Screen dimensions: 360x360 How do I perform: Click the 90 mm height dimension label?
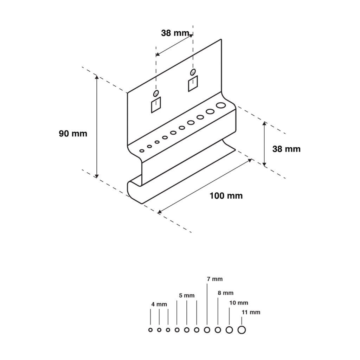[73, 134]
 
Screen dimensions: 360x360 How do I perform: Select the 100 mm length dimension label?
[226, 196]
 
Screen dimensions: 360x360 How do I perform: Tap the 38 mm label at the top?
[175, 33]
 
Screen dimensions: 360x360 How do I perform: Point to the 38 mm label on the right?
[286, 149]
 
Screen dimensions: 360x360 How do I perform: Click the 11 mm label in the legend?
[251, 312]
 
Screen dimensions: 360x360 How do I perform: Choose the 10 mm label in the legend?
[239, 303]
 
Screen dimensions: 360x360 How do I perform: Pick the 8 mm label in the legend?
[225, 293]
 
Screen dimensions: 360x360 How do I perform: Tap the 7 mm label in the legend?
[214, 279]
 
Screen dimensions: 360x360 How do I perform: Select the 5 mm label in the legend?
[186, 296]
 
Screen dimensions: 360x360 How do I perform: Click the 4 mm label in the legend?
[159, 304]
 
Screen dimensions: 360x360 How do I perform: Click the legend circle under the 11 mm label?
[242, 330]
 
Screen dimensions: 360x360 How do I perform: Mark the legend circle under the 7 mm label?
[207, 330]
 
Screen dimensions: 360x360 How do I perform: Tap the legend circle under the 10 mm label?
[229, 330]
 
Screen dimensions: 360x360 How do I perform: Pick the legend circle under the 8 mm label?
[218, 330]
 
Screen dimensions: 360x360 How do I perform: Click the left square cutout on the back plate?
[156, 105]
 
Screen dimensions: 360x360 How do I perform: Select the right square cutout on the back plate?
[193, 84]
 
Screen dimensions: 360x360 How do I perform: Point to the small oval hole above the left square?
[155, 93]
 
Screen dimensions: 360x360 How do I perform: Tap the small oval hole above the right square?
[193, 72]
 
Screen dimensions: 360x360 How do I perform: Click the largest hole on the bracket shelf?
[220, 105]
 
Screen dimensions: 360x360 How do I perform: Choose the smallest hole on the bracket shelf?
[142, 151]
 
